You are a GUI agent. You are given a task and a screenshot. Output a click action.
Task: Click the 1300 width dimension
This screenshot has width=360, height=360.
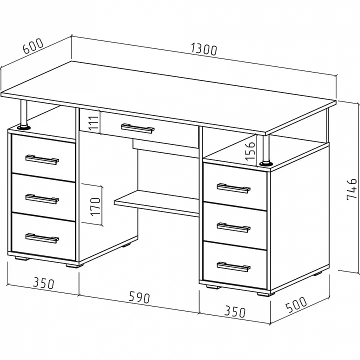coord(204,49)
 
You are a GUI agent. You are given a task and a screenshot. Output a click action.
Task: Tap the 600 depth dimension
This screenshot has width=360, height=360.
coord(33,46)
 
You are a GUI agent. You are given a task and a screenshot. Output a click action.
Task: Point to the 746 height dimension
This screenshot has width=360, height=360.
coord(351,189)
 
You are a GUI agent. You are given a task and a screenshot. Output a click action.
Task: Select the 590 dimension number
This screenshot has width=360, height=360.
coord(139,297)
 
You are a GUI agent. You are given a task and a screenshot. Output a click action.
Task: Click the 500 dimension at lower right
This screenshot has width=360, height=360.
coord(296,304)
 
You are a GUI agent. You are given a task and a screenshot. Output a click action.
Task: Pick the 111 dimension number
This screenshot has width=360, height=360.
coord(94,123)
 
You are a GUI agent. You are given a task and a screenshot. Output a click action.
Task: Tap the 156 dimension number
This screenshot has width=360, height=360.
coord(250,151)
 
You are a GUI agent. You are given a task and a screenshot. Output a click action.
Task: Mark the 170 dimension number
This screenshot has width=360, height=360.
coord(95,206)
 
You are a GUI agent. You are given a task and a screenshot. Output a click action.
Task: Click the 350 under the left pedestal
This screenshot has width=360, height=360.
coord(43,283)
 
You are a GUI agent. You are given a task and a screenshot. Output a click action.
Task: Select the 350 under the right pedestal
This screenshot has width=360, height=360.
coord(235,311)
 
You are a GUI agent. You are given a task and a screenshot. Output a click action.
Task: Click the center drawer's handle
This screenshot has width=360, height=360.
coord(137,128)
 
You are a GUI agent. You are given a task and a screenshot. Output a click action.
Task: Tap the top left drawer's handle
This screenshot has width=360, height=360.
coord(42,160)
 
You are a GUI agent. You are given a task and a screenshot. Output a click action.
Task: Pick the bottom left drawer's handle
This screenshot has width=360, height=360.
coord(42,238)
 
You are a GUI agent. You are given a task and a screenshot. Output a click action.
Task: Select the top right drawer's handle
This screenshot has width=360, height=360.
coord(233,188)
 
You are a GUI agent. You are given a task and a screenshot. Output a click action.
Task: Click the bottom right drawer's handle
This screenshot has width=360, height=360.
coord(233,267)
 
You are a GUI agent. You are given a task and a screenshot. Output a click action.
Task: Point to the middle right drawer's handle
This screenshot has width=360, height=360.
coord(233,227)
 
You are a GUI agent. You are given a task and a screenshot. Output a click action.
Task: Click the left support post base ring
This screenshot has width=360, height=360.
coord(23,127)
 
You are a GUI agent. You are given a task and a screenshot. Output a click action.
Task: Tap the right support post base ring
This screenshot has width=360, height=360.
coord(266,163)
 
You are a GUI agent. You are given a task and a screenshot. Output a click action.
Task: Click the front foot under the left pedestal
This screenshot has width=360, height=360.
coord(74,266)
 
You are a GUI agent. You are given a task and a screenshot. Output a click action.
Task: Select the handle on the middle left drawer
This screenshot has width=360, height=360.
coord(42,199)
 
